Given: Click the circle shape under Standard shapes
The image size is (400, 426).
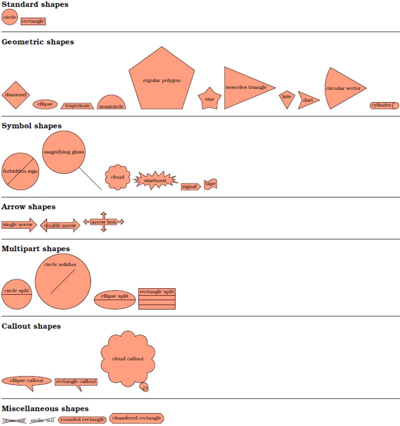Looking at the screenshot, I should pyautogui.click(x=9, y=17).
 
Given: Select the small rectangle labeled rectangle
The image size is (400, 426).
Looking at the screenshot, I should pyautogui.click(x=33, y=21).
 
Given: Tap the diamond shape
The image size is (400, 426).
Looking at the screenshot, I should pyautogui.click(x=15, y=95).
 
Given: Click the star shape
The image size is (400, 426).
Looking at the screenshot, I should pyautogui.click(x=209, y=99).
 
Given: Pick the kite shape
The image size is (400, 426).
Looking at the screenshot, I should pyautogui.click(x=286, y=98).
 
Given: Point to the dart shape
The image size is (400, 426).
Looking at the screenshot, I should pyautogui.click(x=307, y=100).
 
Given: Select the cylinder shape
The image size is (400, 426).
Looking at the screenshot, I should pyautogui.click(x=384, y=105).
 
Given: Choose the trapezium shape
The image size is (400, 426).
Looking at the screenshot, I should pyautogui.click(x=77, y=106).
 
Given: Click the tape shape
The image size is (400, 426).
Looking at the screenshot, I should pyautogui.click(x=210, y=184).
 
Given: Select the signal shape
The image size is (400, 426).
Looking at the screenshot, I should pyautogui.click(x=190, y=187).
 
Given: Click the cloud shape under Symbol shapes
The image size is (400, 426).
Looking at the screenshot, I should pyautogui.click(x=117, y=177).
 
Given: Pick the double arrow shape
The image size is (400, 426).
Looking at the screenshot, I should pyautogui.click(x=60, y=225).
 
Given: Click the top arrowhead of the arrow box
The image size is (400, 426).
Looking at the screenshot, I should pyautogui.click(x=103, y=214).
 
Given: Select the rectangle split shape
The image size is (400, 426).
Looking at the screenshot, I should pyautogui.click(x=157, y=299).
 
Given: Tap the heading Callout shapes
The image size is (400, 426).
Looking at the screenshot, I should pyautogui.click(x=31, y=326).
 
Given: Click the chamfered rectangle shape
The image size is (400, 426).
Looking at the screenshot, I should pyautogui.click(x=136, y=418).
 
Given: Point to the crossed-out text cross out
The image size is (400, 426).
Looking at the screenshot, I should pyautogui.click(x=14, y=421).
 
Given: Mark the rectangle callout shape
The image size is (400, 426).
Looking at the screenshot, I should pyautogui.click(x=75, y=382).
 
